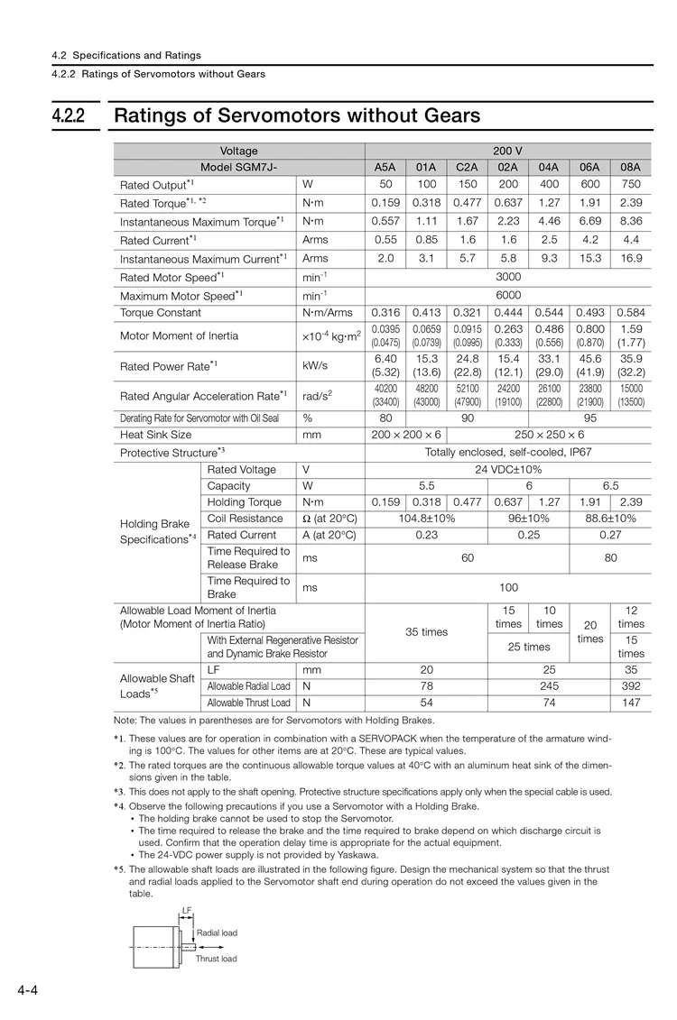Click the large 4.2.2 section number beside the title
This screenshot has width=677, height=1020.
pyautogui.click(x=69, y=116)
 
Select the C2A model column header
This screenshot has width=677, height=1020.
pyautogui.click(x=467, y=167)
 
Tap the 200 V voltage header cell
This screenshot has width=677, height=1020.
pyautogui.click(x=507, y=151)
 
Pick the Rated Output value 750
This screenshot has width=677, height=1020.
pyautogui.click(x=631, y=185)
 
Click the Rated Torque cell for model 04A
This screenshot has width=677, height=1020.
pyautogui.click(x=549, y=203)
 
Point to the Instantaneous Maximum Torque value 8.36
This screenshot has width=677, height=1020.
pyautogui.click(x=631, y=221)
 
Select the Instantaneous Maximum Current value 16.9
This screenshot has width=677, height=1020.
pyautogui.click(x=631, y=259)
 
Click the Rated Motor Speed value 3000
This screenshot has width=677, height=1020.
pyautogui.click(x=507, y=277)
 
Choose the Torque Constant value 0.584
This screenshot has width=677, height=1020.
pyautogui.click(x=631, y=313)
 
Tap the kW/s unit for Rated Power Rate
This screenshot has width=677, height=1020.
pyautogui.click(x=314, y=366)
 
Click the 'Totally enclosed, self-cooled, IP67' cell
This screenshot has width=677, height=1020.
pyautogui.click(x=507, y=452)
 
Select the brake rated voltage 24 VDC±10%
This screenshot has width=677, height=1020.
pyautogui.click(x=507, y=470)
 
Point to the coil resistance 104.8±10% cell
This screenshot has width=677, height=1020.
pyautogui.click(x=426, y=519)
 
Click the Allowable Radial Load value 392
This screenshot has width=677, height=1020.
pyautogui.click(x=631, y=686)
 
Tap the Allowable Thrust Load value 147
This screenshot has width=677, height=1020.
pyautogui.click(x=631, y=703)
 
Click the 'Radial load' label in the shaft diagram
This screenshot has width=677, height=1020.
pyautogui.click(x=217, y=933)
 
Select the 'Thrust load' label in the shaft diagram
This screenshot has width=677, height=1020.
pyautogui.click(x=217, y=959)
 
